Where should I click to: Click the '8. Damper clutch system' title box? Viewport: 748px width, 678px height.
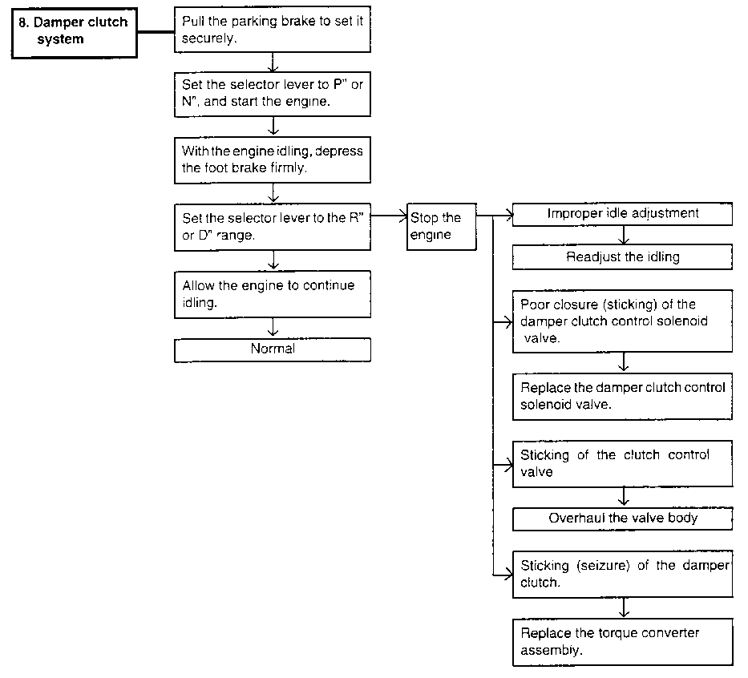75,33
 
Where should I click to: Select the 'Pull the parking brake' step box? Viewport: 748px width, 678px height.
273,29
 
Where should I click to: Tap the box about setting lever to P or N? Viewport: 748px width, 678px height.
273,94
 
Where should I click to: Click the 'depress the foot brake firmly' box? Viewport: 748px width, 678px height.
273,160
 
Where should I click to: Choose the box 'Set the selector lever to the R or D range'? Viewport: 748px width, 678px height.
273,227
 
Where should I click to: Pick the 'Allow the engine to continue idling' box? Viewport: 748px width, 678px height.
273,294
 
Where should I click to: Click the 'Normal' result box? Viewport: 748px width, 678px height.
273,350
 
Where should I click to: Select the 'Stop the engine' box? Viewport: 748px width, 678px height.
441,227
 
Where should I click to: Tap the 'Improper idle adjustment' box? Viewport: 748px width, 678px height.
623,214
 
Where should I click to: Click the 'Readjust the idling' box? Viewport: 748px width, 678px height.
623,257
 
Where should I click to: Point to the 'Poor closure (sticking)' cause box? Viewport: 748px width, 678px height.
623,321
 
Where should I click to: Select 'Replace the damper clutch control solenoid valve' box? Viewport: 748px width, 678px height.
623,396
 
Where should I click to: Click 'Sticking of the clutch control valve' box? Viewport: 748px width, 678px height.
623,463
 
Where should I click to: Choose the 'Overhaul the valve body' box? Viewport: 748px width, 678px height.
623,519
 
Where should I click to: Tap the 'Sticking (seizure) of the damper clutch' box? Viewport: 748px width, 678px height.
623,574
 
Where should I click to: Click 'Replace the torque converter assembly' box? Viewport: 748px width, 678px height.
623,642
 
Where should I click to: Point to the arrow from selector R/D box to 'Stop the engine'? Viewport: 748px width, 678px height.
389,216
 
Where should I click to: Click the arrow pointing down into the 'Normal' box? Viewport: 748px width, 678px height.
273,328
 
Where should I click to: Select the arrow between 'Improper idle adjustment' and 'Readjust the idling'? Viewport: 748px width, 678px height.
624,235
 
